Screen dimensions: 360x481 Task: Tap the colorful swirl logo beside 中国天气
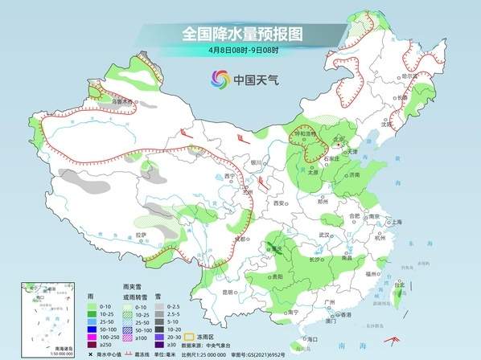tap(219, 79)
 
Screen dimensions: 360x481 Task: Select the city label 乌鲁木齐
tap(121, 103)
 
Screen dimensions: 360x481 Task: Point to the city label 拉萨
tap(141, 235)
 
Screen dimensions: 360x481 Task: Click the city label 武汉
tap(324, 235)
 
